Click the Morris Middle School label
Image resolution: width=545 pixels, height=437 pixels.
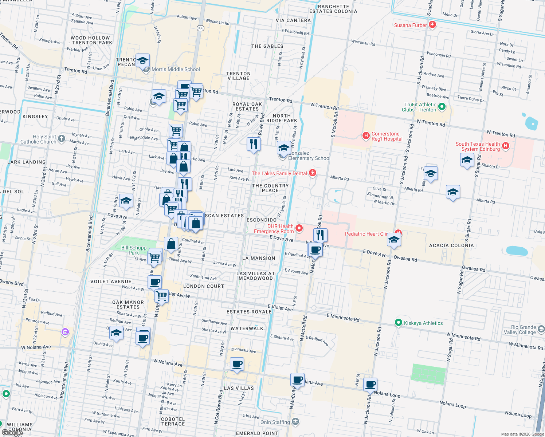point(176,69)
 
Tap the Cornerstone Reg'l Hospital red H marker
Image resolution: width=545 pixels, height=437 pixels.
point(366,136)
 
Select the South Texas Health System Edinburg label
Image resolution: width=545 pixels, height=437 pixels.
point(478,146)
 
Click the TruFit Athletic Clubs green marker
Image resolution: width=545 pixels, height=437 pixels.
point(442,107)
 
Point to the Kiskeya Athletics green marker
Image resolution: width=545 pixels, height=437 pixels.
point(399,323)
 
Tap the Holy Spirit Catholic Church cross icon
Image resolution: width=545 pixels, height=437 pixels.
point(62,138)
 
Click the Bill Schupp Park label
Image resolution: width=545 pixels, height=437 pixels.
point(134,250)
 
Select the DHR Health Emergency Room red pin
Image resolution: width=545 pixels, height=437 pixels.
point(299,228)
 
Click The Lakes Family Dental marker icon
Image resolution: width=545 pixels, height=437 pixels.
point(312,173)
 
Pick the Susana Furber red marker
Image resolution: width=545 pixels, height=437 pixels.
point(432,25)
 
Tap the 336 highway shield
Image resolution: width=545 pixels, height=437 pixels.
point(200,28)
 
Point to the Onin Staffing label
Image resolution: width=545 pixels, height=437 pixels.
point(275,422)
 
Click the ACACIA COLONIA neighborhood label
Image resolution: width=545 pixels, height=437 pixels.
point(451,245)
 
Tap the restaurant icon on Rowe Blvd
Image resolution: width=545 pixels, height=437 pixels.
point(254,144)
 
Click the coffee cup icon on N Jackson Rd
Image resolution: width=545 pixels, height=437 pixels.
point(370,384)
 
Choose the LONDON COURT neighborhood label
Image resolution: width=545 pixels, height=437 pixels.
point(203,286)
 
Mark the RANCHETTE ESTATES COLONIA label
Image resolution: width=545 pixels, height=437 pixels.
point(333,9)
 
